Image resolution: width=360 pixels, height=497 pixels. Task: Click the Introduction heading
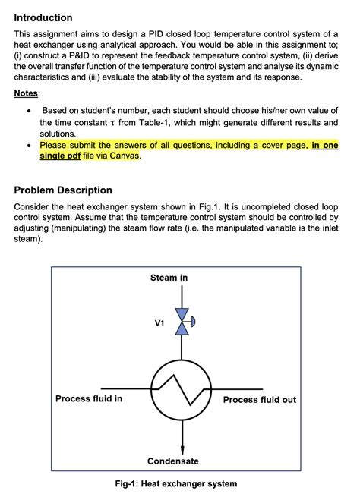pos(43,17)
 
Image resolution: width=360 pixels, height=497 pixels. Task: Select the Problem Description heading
pos(63,190)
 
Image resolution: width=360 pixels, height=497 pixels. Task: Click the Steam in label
pos(169,278)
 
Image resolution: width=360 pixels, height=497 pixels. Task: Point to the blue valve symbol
pos(183,322)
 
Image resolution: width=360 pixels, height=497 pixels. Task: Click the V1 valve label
pos(159,323)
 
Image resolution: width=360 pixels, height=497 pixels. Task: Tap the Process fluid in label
pos(89,399)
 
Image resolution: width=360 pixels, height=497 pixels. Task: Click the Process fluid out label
pos(260,400)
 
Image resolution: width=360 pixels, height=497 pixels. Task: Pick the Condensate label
pos(173,461)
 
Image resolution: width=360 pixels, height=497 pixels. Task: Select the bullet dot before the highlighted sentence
pos(28,145)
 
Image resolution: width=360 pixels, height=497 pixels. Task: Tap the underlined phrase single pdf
pos(60,156)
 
